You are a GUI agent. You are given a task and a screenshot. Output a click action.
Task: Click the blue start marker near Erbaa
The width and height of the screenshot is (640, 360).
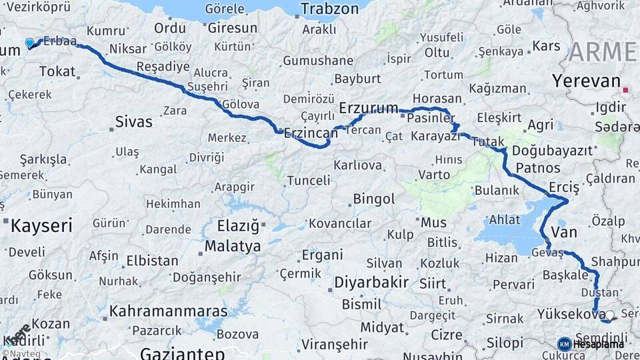click(x=29, y=43)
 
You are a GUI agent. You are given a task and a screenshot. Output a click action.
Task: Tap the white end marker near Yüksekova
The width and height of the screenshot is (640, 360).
click(x=609, y=315)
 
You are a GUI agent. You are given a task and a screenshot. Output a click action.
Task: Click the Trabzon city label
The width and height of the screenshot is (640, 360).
click(x=330, y=9)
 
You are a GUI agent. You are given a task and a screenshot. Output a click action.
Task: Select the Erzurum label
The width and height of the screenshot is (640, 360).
click(x=368, y=107)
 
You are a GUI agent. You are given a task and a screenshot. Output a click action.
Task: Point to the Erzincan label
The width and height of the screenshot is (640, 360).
click(x=311, y=133)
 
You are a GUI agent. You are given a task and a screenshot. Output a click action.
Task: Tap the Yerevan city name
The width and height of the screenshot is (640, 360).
click(x=586, y=81)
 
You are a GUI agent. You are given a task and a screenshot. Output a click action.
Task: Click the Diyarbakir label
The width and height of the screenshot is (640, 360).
click(x=371, y=282)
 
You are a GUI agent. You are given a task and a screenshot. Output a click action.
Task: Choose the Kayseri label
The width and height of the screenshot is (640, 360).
click(x=41, y=225)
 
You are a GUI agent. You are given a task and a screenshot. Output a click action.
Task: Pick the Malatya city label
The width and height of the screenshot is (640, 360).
click(x=233, y=246)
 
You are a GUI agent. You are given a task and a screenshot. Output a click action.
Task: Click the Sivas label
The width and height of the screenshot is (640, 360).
click(x=133, y=122)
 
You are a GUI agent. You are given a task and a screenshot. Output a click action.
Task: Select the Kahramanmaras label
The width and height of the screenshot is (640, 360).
click(x=168, y=311)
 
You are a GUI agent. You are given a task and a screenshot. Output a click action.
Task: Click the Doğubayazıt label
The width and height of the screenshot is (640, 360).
click(x=553, y=151)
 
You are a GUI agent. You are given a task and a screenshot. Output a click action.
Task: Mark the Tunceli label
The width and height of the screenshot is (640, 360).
click(x=308, y=180)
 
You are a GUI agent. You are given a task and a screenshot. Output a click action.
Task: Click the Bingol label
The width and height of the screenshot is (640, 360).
click(x=373, y=199)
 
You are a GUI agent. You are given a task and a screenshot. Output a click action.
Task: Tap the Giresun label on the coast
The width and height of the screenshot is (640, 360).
click(x=232, y=28)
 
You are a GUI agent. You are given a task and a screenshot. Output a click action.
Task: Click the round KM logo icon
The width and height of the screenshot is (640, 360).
click(x=564, y=344)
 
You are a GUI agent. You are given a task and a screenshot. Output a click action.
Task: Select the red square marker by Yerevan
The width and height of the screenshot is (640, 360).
click(x=625, y=89)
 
